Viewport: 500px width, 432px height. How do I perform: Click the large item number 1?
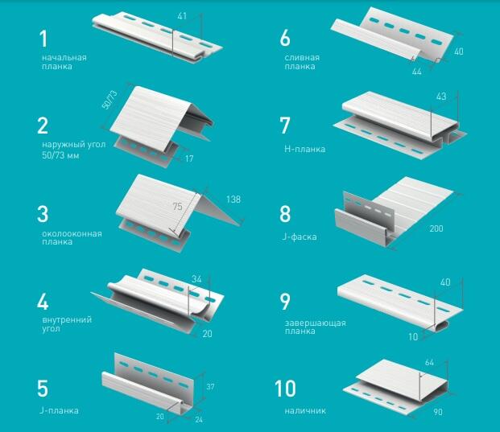pyautogui.click(x=43, y=39)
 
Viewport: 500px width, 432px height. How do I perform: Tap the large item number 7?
pyautogui.click(x=285, y=125)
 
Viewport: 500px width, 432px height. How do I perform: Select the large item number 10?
pyautogui.click(x=285, y=389)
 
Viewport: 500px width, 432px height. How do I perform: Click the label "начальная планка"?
pyautogui.click(x=64, y=62)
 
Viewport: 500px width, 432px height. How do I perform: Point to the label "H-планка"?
pyautogui.click(x=304, y=149)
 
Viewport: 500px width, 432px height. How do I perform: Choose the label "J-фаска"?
pyautogui.click(x=299, y=237)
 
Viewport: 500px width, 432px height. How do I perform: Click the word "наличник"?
pyautogui.click(x=305, y=410)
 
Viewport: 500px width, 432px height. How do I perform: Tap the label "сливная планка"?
pyautogui.click(x=302, y=62)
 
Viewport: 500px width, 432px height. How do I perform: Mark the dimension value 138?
pyautogui.click(x=233, y=200)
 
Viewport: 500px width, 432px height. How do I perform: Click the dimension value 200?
pyautogui.click(x=436, y=228)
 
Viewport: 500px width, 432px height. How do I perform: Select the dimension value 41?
pyautogui.click(x=182, y=16)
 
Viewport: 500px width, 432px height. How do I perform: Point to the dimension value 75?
pyautogui.click(x=178, y=207)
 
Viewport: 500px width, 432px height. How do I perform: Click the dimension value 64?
pyautogui.click(x=429, y=363)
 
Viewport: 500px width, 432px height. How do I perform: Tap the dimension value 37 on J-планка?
pyautogui.click(x=210, y=387)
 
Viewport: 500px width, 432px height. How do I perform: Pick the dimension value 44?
pyautogui.click(x=416, y=72)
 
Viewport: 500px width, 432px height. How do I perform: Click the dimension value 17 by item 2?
pyautogui.click(x=189, y=158)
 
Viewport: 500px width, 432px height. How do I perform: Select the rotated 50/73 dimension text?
pyautogui.click(x=110, y=100)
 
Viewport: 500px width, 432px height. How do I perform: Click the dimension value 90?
pyautogui.click(x=438, y=412)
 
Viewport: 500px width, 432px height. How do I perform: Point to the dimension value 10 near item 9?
pyautogui.click(x=413, y=337)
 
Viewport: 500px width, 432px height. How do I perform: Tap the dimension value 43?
pyautogui.click(x=441, y=97)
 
